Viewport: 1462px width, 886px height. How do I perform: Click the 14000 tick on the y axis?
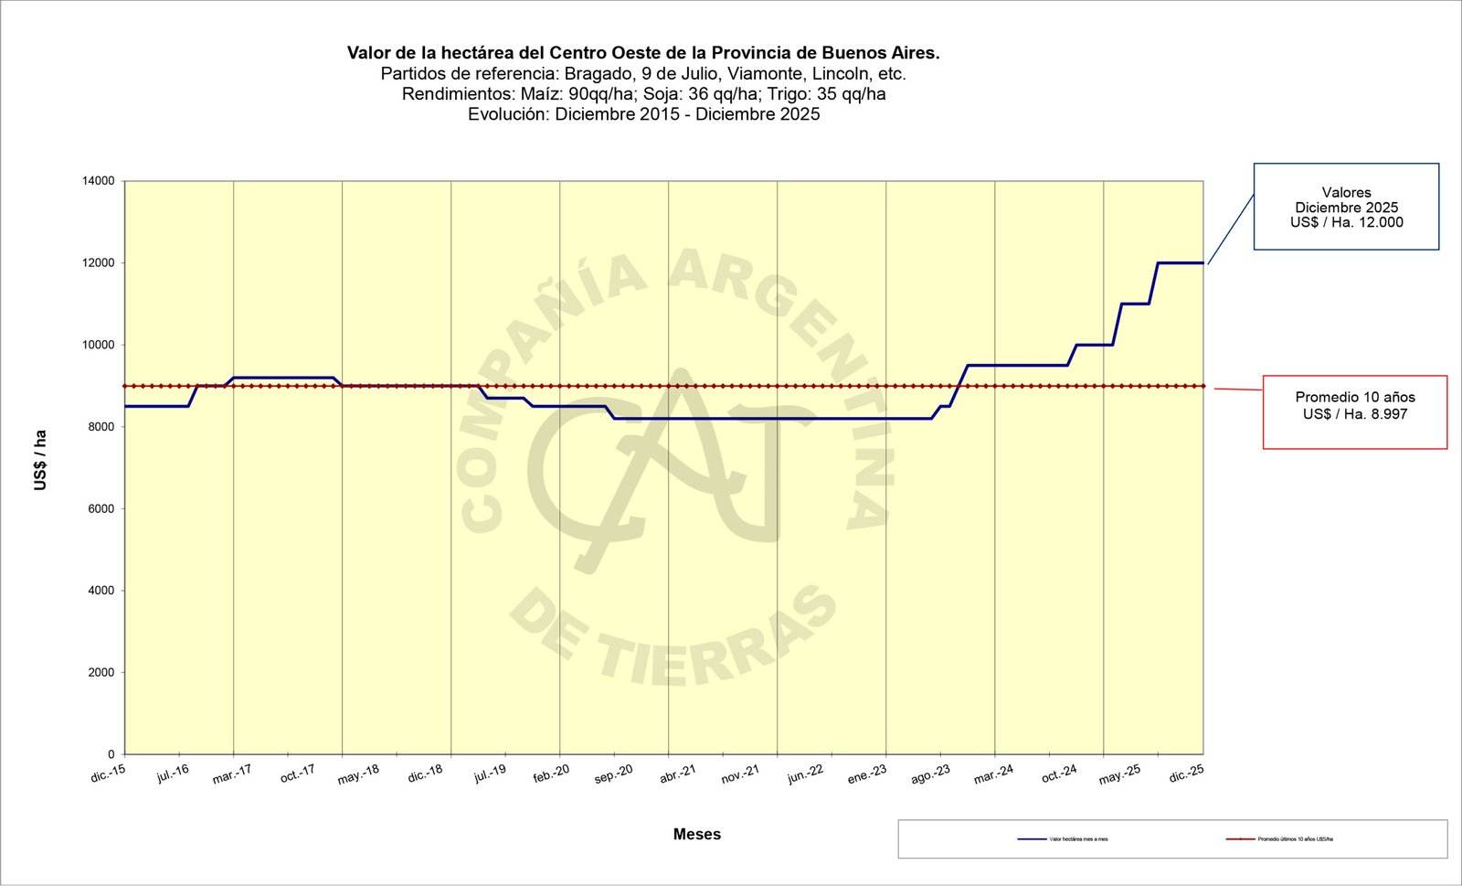99,181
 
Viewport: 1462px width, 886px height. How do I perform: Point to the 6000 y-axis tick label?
101,509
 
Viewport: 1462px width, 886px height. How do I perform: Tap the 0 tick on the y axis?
111,754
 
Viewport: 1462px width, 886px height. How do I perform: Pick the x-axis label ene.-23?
867,774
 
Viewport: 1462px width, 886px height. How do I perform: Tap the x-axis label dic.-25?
1187,774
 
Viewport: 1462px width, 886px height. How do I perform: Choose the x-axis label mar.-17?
232,774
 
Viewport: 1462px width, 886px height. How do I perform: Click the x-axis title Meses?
697,834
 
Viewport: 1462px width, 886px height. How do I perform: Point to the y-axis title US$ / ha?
40,460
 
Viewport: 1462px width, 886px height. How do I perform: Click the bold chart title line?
643,53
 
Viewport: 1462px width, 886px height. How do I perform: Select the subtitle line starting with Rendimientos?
643,94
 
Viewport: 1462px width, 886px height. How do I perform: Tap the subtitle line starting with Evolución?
643,114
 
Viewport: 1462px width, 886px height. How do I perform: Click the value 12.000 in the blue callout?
1380,222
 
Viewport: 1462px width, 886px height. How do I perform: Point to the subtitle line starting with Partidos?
643,74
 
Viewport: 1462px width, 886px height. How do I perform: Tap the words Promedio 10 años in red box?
1355,397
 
